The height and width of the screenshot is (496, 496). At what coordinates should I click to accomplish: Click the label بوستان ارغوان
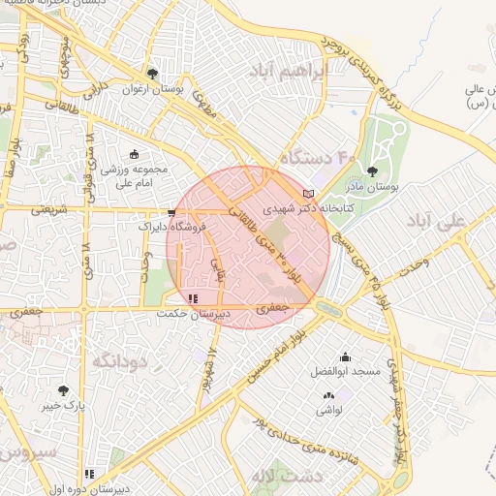click(x=153, y=88)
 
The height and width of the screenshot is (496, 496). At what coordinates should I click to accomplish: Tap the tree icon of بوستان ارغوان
click(x=152, y=73)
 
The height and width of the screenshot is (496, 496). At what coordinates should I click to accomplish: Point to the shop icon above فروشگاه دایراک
click(x=171, y=211)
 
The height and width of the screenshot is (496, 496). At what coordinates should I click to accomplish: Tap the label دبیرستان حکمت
click(x=194, y=314)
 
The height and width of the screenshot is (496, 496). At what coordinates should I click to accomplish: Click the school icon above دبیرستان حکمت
click(x=194, y=298)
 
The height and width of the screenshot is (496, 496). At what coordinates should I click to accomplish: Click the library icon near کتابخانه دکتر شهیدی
click(x=309, y=195)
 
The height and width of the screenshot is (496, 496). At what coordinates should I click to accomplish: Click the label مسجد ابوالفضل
click(x=346, y=372)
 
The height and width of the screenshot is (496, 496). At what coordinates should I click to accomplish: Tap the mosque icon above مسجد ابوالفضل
click(x=345, y=356)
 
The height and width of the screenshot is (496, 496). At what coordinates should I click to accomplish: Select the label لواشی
click(x=327, y=410)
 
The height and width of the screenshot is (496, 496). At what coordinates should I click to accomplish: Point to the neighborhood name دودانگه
click(x=121, y=360)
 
